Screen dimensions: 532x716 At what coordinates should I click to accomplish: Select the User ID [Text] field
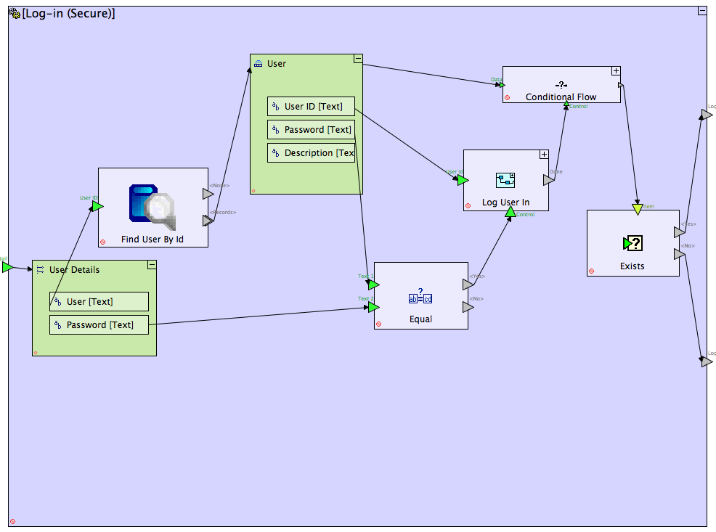311,107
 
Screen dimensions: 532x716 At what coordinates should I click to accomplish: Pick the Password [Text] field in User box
311,130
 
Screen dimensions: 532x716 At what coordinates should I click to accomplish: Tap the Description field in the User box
311,153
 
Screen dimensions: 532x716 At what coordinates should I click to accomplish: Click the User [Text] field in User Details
99,302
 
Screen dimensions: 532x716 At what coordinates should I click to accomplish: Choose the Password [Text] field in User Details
99,325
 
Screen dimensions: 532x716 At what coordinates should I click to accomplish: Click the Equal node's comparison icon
420,295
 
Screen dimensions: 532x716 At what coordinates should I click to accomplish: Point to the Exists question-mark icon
632,243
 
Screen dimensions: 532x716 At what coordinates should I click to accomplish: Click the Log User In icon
505,180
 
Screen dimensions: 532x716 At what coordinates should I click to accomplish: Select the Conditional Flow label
561,97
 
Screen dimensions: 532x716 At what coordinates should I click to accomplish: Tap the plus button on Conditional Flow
616,71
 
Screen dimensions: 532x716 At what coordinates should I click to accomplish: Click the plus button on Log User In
544,155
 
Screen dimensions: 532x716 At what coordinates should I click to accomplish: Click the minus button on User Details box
152,265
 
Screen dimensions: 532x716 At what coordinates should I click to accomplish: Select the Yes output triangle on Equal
468,285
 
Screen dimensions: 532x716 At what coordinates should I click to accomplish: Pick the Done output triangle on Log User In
549,180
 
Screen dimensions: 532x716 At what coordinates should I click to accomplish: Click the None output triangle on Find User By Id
208,194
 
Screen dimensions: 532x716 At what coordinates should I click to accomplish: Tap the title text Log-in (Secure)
68,13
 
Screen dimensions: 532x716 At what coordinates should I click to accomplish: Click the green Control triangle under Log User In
510,212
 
